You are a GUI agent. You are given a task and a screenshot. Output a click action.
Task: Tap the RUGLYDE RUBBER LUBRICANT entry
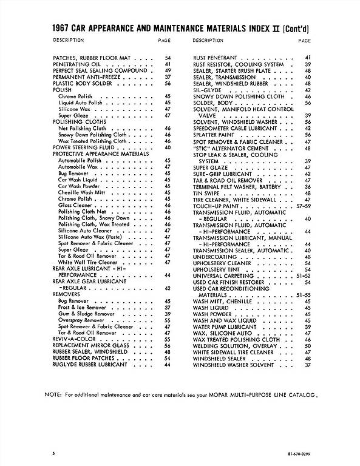click(x=90, y=365)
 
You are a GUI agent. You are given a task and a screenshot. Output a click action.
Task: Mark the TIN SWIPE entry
click(x=206, y=192)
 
